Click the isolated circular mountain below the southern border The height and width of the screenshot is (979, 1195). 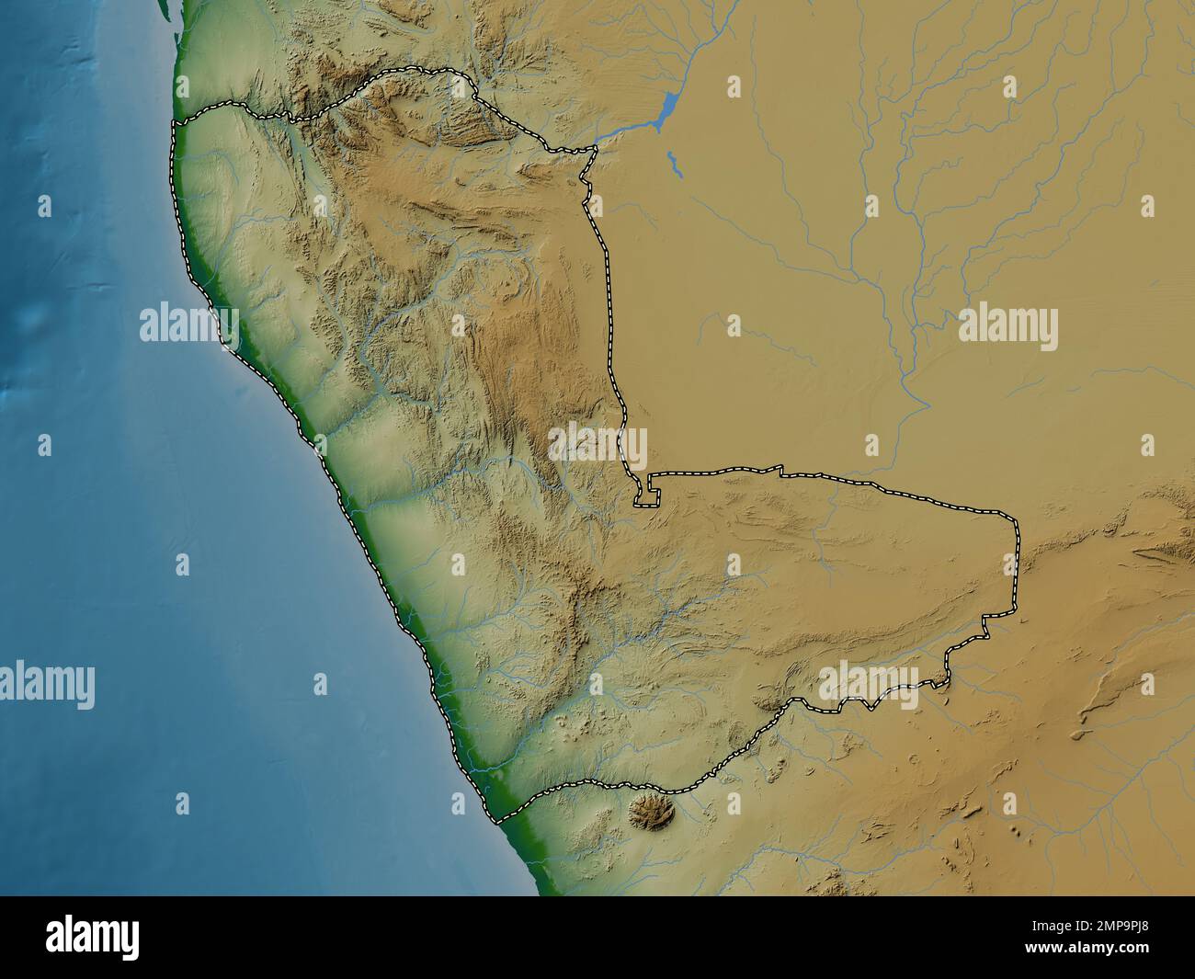click(x=653, y=814)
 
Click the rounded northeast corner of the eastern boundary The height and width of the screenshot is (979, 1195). click(x=1016, y=521)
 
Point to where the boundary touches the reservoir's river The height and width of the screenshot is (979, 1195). click(x=595, y=148)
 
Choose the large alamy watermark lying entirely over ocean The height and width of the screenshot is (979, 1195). click(x=46, y=685)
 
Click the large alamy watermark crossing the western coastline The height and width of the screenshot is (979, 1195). click(x=188, y=325)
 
